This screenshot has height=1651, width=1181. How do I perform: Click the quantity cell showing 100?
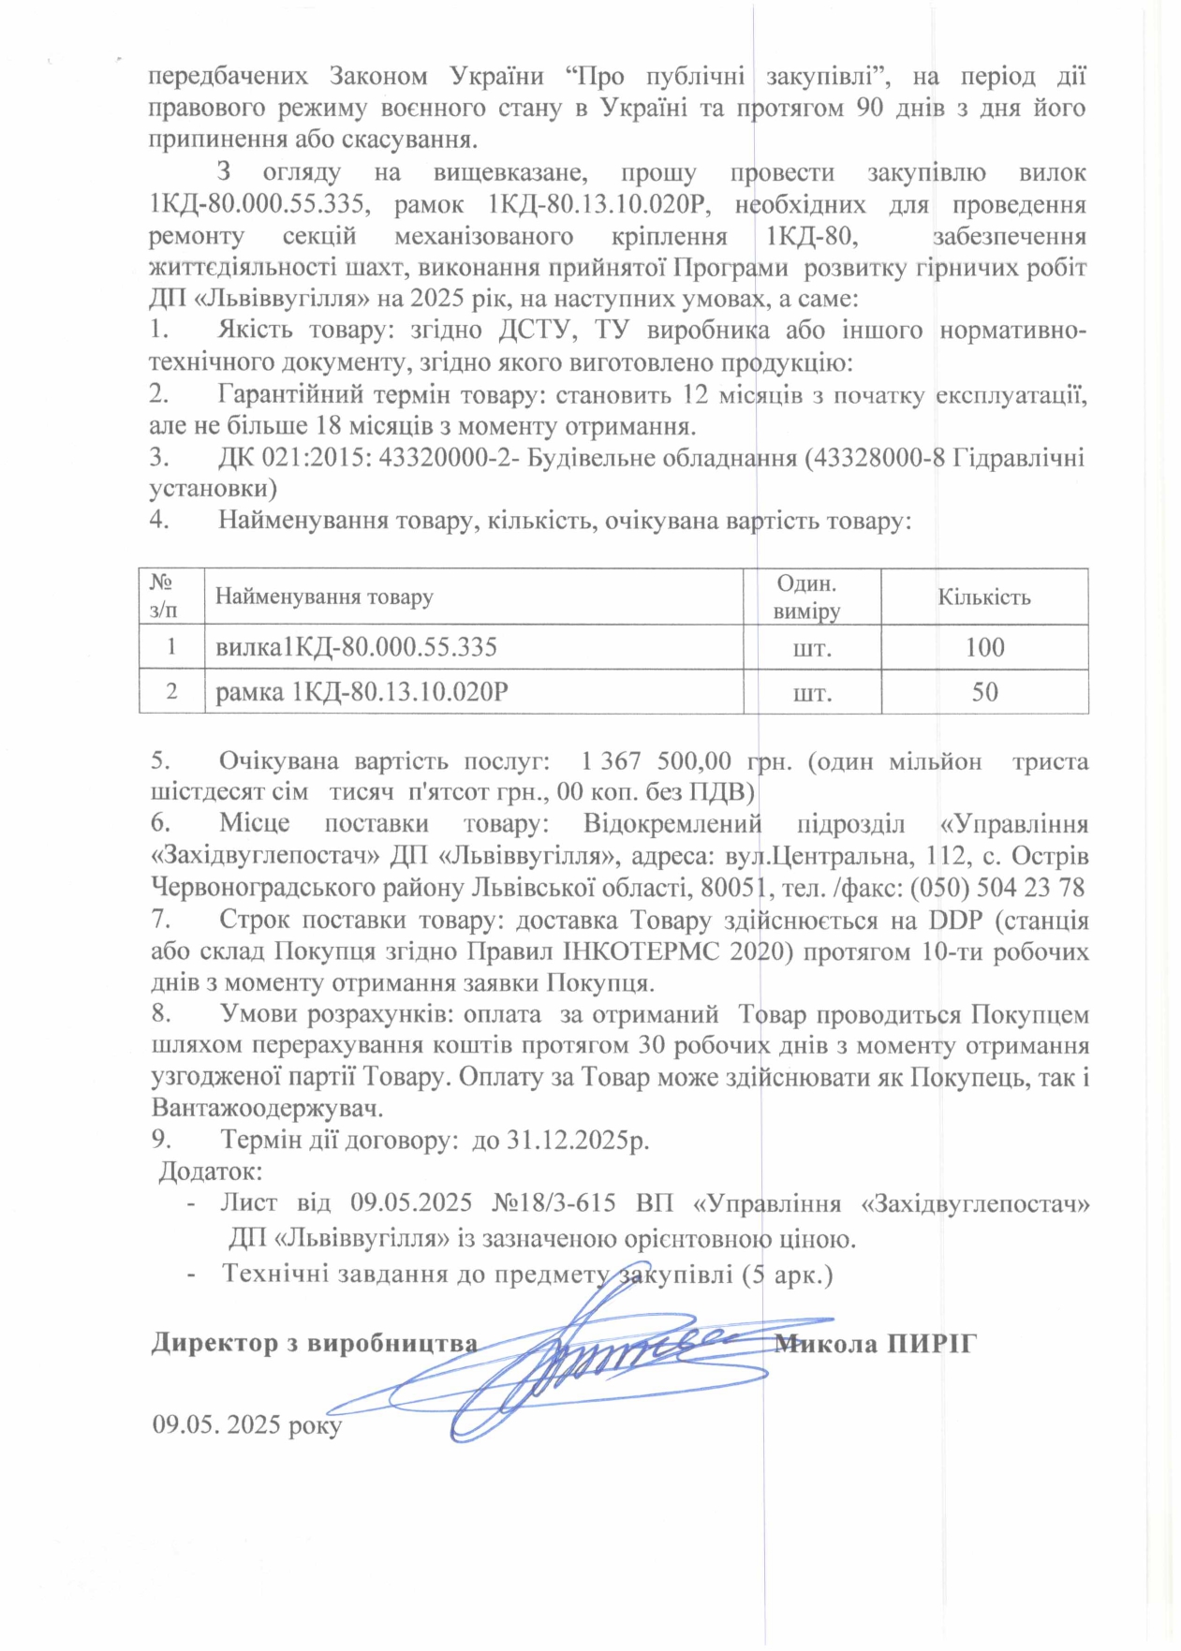pyautogui.click(x=984, y=647)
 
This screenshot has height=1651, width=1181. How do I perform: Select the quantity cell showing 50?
pyautogui.click(x=984, y=692)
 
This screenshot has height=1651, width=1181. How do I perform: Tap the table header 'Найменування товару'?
pyautogui.click(x=324, y=597)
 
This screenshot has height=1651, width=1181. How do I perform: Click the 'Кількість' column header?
pyautogui.click(x=984, y=597)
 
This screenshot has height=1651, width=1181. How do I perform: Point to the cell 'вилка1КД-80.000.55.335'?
pyautogui.click(x=356, y=647)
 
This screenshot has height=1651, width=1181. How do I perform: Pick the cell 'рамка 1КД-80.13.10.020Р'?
pyautogui.click(x=362, y=692)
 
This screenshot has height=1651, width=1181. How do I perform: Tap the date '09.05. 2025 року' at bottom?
pyautogui.click(x=246, y=1424)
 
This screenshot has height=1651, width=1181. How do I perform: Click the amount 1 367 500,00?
pyautogui.click(x=656, y=760)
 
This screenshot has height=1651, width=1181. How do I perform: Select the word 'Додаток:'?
pyautogui.click(x=210, y=1172)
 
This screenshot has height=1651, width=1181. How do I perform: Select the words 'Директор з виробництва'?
pyautogui.click(x=315, y=1344)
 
